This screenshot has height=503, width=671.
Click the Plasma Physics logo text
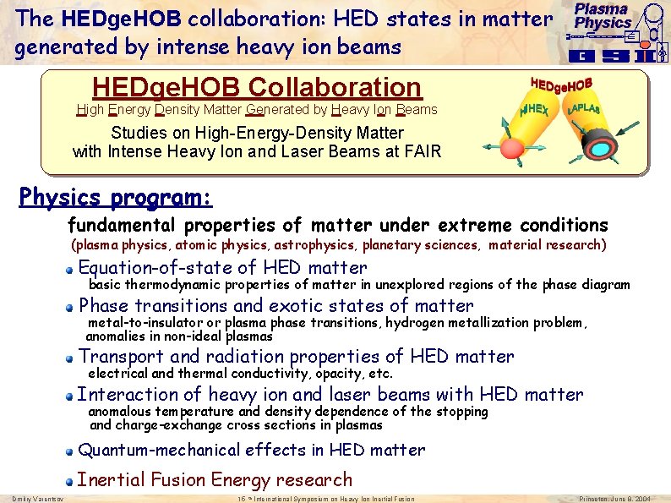coord(603,16)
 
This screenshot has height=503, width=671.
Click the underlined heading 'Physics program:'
coord(115,198)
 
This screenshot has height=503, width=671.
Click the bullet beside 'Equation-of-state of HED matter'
coord(72,269)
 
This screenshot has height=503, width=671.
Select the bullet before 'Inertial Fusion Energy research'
coord(72,481)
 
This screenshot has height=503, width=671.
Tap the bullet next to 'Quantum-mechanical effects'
coord(72,451)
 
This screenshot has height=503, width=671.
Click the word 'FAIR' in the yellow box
coord(420,152)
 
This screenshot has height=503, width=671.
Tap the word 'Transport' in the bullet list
coord(122,357)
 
